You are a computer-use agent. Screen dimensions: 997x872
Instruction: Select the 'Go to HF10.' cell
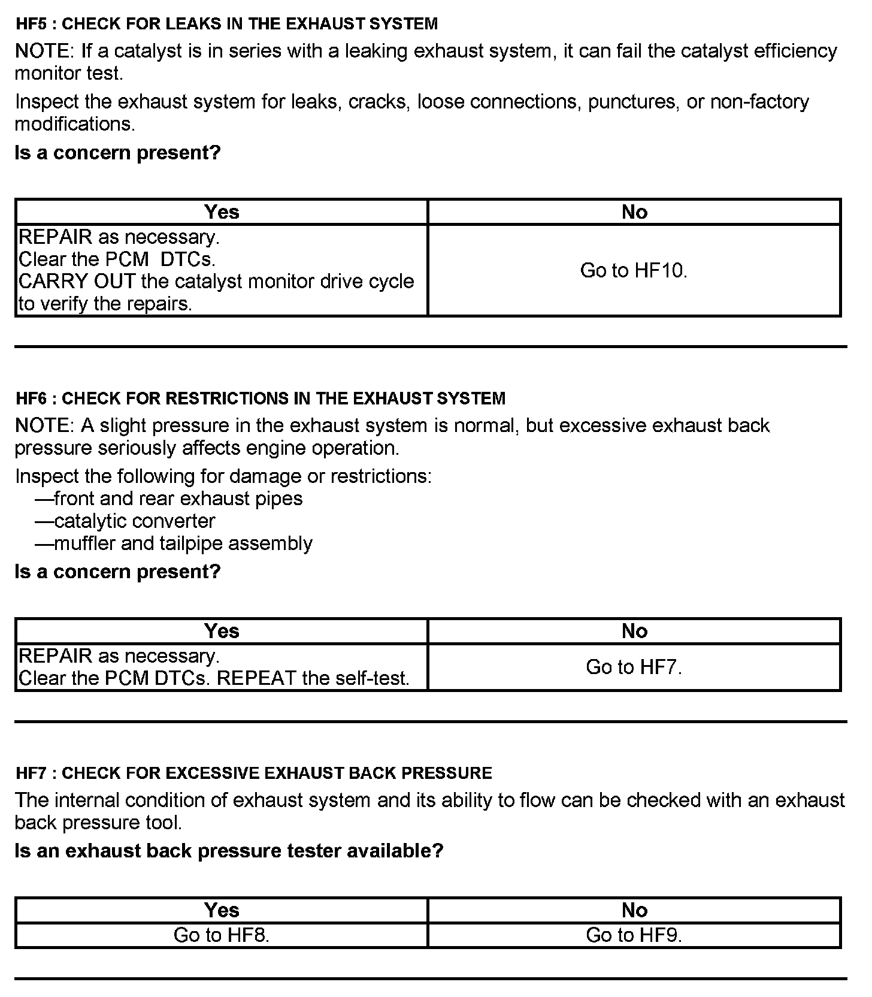coord(634,271)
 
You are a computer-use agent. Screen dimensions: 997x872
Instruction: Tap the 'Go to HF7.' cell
coord(634,667)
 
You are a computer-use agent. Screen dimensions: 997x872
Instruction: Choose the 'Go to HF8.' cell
coord(222,935)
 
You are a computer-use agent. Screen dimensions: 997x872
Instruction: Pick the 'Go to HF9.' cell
coord(634,935)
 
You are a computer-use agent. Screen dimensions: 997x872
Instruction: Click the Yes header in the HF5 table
coord(222,212)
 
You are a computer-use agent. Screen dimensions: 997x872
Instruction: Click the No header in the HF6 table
coord(634,631)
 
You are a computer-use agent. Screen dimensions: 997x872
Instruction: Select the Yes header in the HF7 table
coord(222,910)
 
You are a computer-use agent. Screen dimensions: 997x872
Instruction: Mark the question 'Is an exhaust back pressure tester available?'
coord(229,851)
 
